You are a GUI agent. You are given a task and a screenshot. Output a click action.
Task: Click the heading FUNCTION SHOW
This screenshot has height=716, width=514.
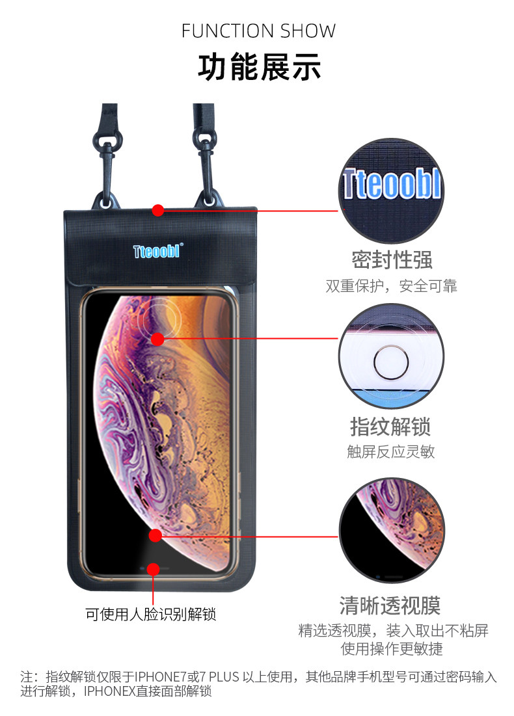click(258, 31)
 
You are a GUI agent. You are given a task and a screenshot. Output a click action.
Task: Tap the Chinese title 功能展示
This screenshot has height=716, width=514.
click(258, 68)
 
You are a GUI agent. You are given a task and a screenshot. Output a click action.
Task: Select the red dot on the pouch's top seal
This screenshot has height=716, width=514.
click(157, 210)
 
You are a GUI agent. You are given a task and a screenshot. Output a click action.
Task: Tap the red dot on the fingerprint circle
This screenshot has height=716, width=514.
click(157, 339)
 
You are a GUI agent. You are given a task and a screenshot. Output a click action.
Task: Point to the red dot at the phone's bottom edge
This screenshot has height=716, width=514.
click(153, 570)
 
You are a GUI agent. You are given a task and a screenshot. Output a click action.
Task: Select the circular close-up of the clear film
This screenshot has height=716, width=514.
click(392, 531)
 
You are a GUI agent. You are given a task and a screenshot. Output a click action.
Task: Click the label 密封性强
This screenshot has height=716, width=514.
click(392, 259)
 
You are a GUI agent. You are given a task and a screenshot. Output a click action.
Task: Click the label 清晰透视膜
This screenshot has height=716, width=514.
click(390, 605)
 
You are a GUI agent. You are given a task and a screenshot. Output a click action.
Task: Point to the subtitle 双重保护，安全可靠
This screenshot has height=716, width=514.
click(392, 285)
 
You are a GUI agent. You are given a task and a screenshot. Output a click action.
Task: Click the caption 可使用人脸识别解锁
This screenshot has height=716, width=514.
click(151, 614)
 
